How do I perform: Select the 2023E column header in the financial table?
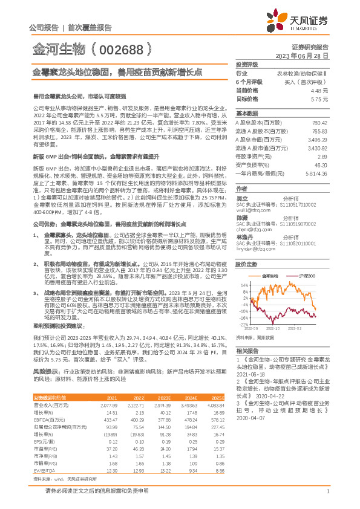click(162, 397)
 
